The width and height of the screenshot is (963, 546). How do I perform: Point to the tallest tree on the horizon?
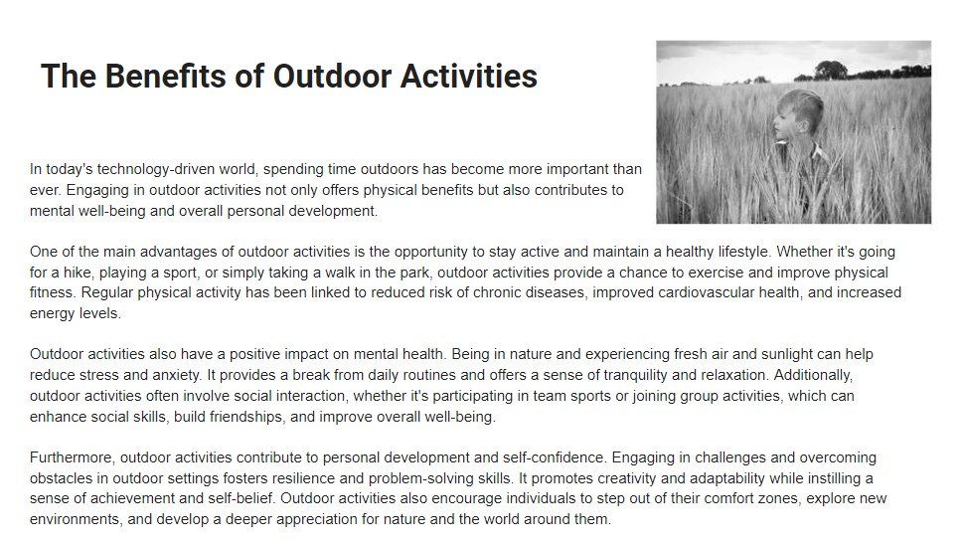click(831, 70)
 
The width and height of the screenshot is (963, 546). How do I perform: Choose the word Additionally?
click(813, 375)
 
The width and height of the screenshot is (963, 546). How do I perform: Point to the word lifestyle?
click(743, 252)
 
